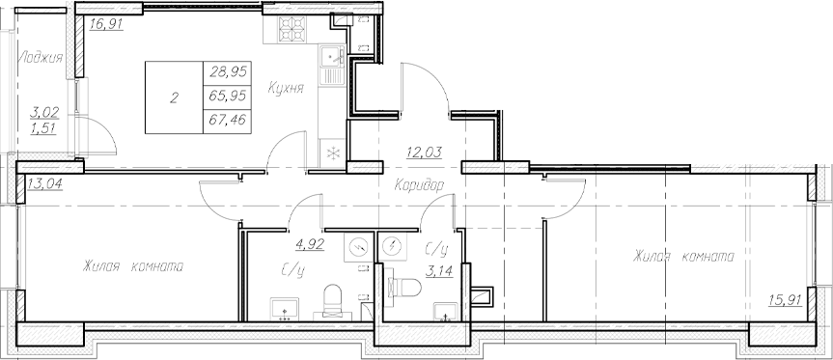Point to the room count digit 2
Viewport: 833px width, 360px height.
click(174, 97)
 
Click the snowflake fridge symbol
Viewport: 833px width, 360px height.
click(332, 152)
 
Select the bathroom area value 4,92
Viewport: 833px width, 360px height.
click(309, 245)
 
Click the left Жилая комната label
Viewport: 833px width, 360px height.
click(132, 265)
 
